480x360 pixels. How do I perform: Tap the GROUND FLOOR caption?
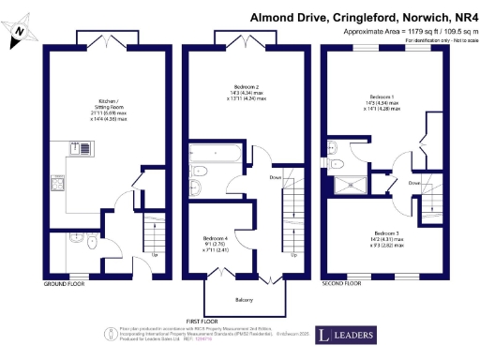[x=65, y=282]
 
